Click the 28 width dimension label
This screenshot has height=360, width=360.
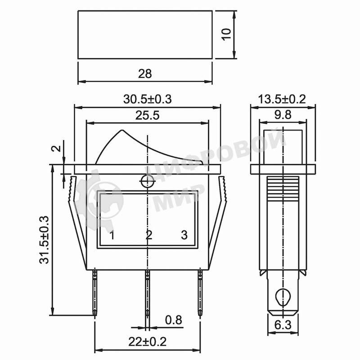pos(145,74)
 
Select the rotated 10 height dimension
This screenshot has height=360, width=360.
pos(226,35)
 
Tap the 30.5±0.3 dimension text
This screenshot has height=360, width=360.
pos(147,99)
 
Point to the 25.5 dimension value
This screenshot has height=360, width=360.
pos(147,115)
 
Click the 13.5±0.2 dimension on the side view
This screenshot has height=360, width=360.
pos(282,99)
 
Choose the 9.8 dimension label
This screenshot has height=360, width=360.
pos(283,115)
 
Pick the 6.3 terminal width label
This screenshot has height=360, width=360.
pos(283,325)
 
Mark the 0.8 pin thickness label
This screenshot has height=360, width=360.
pos(173,320)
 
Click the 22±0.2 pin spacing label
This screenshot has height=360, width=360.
pos(147,342)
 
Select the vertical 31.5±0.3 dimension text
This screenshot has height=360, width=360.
pos(44,240)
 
